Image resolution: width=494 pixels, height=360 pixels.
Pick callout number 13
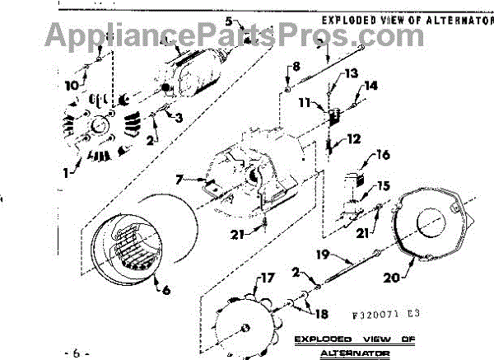[352, 73]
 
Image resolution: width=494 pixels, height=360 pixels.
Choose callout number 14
[371, 85]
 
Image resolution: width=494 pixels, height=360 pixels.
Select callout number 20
[392, 278]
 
